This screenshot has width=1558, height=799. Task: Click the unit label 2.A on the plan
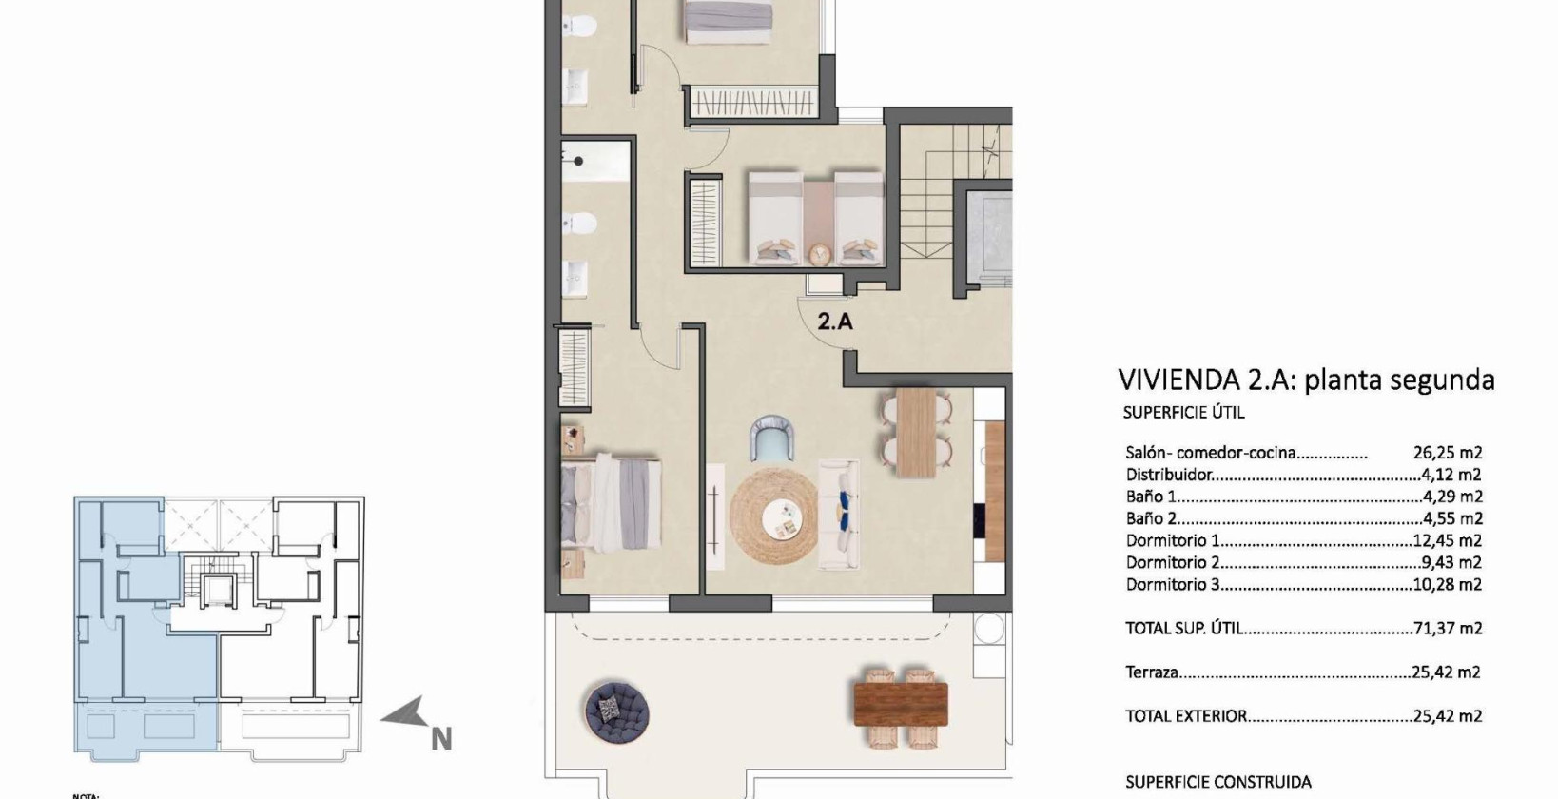pos(835,322)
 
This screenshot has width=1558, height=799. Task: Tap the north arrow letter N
pos(440,738)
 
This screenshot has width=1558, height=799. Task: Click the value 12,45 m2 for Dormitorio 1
pos(1447,540)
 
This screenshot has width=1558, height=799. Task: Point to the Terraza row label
pos(1152,672)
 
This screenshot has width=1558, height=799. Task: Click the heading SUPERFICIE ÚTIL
pos(1183,413)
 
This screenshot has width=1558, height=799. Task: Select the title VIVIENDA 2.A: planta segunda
pos(1306,380)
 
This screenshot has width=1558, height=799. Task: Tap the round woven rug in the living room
pos(773,516)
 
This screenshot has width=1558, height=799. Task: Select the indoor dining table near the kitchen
pos(917,432)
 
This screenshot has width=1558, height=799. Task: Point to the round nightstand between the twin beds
pos(819,254)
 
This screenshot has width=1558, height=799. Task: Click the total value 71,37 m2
pos(1447,629)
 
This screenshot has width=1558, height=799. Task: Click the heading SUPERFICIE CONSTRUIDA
pos(1217,782)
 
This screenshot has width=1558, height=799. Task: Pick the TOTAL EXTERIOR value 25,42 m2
pos(1447,716)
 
